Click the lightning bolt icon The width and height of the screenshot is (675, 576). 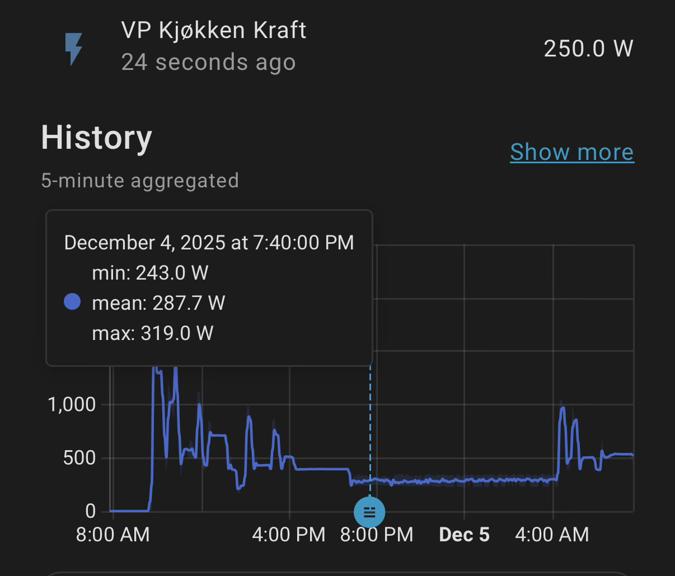click(x=74, y=49)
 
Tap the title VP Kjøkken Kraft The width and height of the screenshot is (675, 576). click(x=213, y=30)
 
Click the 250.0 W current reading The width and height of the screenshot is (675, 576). click(x=588, y=49)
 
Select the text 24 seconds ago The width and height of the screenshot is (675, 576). click(x=208, y=62)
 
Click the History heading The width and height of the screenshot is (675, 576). click(x=96, y=138)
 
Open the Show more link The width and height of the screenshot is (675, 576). click(x=571, y=152)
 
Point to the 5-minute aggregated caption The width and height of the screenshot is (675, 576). click(x=140, y=181)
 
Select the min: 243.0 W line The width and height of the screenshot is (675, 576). click(x=150, y=273)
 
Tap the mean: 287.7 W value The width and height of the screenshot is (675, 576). click(x=158, y=303)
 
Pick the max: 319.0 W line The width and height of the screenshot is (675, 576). click(x=152, y=333)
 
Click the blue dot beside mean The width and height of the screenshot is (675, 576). click(x=72, y=303)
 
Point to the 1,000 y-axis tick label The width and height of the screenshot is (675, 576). click(x=72, y=404)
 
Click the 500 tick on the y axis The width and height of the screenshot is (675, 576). click(x=79, y=458)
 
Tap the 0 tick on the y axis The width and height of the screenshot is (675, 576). click(x=91, y=511)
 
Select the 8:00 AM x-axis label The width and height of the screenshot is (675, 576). click(x=113, y=535)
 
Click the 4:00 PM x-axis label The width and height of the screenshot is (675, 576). click(x=289, y=535)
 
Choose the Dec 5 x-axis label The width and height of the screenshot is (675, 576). click(x=464, y=535)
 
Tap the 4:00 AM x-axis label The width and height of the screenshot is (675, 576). click(x=552, y=535)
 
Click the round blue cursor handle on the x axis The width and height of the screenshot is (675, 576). click(x=369, y=512)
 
